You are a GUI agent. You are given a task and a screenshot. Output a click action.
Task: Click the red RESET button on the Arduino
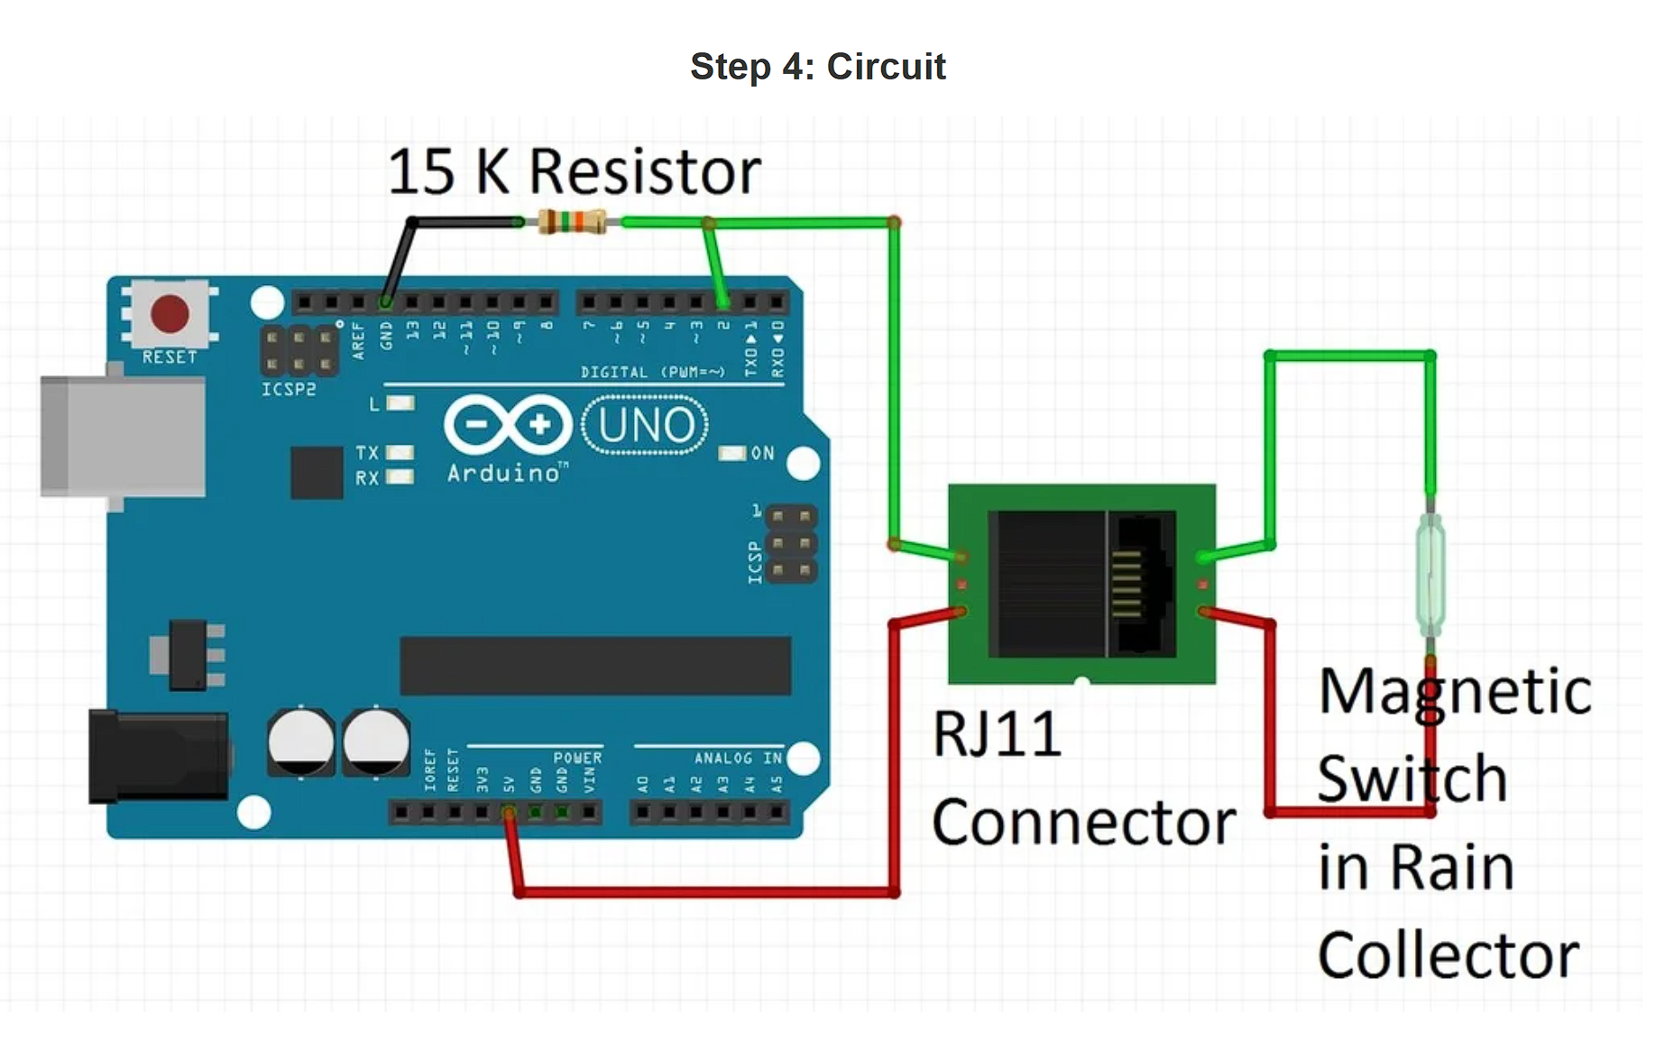point(170,313)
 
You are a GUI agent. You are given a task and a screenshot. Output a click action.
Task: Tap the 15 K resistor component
point(572,221)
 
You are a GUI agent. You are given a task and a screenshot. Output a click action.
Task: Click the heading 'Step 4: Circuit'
point(817,67)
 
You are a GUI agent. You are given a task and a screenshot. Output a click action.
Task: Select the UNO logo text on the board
point(645,425)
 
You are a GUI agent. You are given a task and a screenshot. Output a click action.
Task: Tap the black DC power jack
point(158,756)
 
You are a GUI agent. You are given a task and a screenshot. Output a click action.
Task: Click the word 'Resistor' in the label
point(645,171)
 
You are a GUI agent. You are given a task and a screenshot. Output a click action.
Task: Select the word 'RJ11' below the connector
point(997,734)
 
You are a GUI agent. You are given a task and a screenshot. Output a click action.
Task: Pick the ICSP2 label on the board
point(289,390)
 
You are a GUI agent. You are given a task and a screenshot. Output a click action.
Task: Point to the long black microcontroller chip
point(595,666)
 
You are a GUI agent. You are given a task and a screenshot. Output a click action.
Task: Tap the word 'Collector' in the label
point(1448,955)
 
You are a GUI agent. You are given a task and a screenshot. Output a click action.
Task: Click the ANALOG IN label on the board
point(737,759)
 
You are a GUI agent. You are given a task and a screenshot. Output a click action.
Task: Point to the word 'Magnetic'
point(1455,693)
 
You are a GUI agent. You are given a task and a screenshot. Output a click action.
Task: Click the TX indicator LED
point(400,453)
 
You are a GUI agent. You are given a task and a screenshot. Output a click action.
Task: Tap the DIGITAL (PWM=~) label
point(652,373)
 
